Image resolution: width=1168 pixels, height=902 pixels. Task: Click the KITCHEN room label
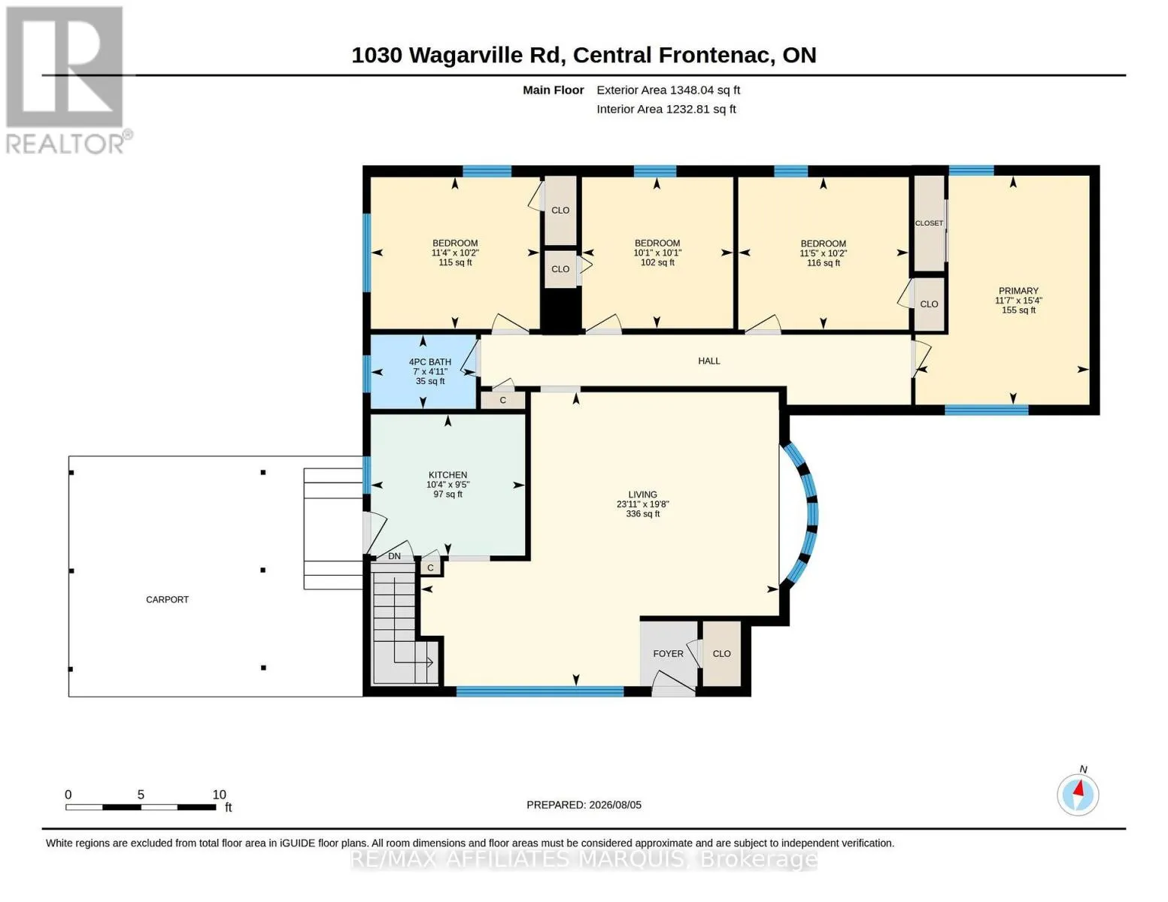click(x=447, y=475)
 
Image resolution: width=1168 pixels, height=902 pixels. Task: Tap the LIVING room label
click(x=643, y=495)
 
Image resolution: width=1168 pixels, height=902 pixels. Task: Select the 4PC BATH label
click(x=430, y=362)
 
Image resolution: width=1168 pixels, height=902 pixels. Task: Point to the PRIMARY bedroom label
click(x=1018, y=291)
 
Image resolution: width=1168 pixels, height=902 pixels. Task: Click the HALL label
click(x=709, y=361)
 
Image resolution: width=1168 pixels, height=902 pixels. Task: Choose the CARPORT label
click(x=167, y=600)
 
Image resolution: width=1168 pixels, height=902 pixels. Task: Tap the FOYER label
click(x=668, y=654)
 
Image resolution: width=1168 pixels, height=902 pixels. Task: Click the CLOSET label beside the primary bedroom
click(x=929, y=223)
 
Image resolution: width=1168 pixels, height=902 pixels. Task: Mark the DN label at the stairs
click(x=395, y=556)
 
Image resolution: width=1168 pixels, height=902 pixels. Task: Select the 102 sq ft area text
click(x=657, y=262)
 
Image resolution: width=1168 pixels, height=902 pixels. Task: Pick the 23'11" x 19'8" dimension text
click(x=643, y=504)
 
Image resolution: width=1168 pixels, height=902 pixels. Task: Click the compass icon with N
click(x=1078, y=795)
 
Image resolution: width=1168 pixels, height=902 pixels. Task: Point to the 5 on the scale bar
click(x=141, y=795)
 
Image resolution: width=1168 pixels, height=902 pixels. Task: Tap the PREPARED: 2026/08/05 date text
click(x=584, y=805)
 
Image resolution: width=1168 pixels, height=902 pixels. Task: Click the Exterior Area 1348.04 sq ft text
click(x=668, y=90)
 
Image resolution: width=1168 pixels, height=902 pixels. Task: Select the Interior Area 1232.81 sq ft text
click(x=666, y=109)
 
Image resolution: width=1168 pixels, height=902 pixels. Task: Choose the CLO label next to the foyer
click(x=721, y=654)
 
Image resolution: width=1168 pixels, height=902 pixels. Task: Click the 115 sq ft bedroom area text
click(x=455, y=262)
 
